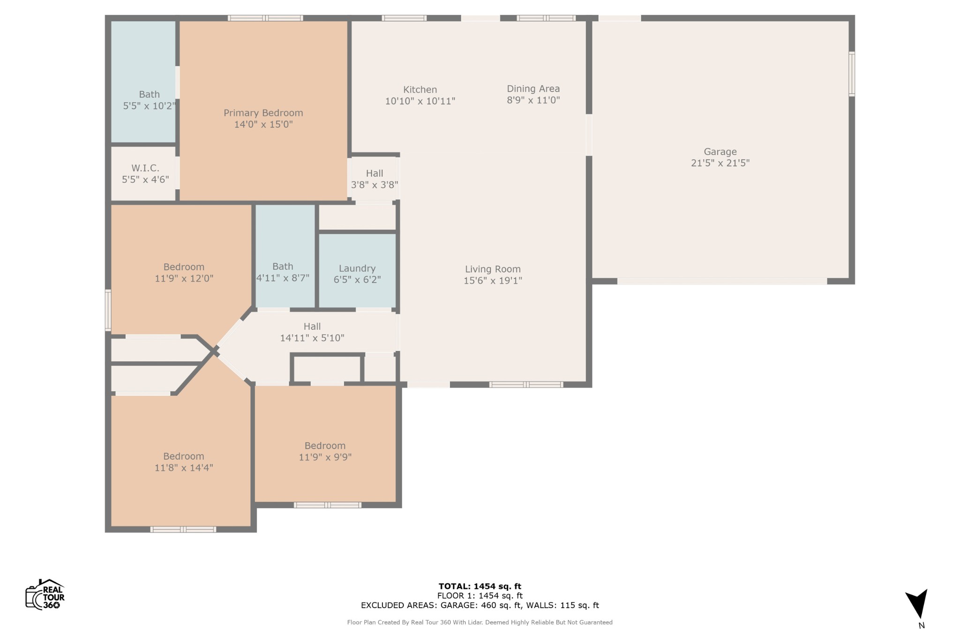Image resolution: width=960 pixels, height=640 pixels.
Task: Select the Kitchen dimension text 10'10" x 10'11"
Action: [x=420, y=101]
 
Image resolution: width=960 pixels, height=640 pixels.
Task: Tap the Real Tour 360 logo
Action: [x=45, y=594]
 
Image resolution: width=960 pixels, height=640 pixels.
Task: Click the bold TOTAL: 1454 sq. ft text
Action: [x=480, y=586]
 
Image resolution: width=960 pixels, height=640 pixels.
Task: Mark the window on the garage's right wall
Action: [x=852, y=74]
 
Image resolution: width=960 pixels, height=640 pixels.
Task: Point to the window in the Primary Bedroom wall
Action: [x=265, y=18]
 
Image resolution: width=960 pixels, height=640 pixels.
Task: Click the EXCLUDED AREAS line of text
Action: [x=480, y=605]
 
